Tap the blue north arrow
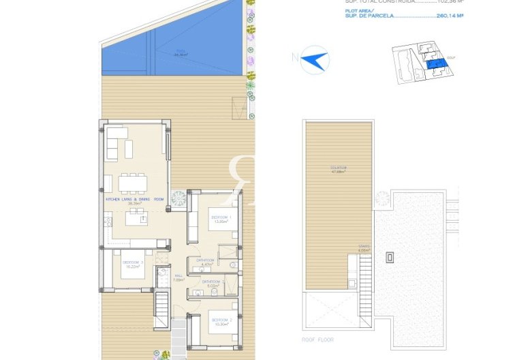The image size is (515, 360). point(314,59)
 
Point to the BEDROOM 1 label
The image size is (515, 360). point(220,217)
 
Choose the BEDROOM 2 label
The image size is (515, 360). point(222,320)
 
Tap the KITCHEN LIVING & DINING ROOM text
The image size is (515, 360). point(135,199)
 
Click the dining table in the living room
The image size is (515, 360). point(132,183)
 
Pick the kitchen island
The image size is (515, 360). point(134,217)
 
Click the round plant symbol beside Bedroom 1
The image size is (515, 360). point(178,200)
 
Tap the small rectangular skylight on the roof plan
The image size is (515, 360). point(390,257)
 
